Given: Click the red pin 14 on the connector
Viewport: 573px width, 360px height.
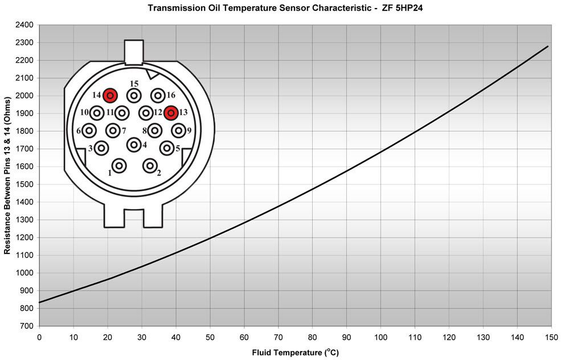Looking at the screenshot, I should pos(110,96).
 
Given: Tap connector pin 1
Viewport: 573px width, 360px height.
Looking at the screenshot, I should pos(119,166).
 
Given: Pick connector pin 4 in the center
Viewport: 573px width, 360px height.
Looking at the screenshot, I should pos(134,145).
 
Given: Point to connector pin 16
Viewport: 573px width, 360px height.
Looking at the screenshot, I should pos(158,96).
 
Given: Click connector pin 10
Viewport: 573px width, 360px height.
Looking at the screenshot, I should pos(97,113).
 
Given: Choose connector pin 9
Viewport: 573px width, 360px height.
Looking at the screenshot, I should pos(178,130).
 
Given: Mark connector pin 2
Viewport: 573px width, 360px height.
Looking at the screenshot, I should pos(150,166).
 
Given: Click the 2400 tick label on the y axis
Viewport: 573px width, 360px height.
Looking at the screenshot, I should pos(26,25).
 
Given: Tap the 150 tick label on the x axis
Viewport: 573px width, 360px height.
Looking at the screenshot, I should pos(551,337).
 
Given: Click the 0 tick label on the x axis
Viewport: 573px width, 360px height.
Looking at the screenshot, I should pos(39,337).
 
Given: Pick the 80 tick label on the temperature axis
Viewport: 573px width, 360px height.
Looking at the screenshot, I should pos(312,337).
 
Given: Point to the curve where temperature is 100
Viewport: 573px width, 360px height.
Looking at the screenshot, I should pos(380,152).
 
